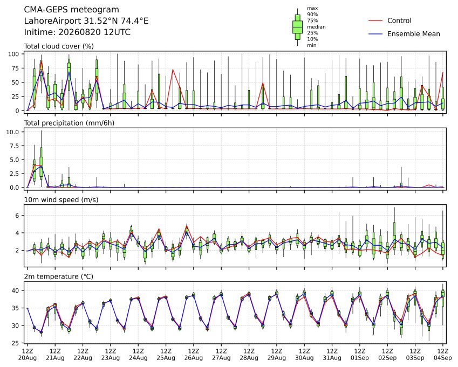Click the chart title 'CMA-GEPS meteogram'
(x=72, y=10)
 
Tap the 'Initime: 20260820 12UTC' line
(x=77, y=32)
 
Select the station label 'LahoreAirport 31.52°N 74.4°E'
(x=86, y=21)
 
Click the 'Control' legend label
(x=399, y=20)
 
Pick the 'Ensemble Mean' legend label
(x=414, y=34)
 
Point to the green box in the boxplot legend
(x=297, y=27)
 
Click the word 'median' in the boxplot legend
(x=316, y=27)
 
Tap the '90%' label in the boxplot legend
(x=312, y=15)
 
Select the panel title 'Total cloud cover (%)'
(x=59, y=46)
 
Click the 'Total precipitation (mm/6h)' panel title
(x=69, y=123)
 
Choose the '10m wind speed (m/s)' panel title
(x=61, y=200)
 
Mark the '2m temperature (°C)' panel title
(x=58, y=276)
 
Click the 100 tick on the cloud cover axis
(x=13, y=54)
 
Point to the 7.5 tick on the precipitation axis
(x=15, y=146)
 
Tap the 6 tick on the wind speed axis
(x=17, y=216)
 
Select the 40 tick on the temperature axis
(x=16, y=290)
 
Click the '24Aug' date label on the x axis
(x=138, y=358)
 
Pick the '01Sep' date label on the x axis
(x=360, y=358)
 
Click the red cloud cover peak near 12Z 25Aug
(x=173, y=70)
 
